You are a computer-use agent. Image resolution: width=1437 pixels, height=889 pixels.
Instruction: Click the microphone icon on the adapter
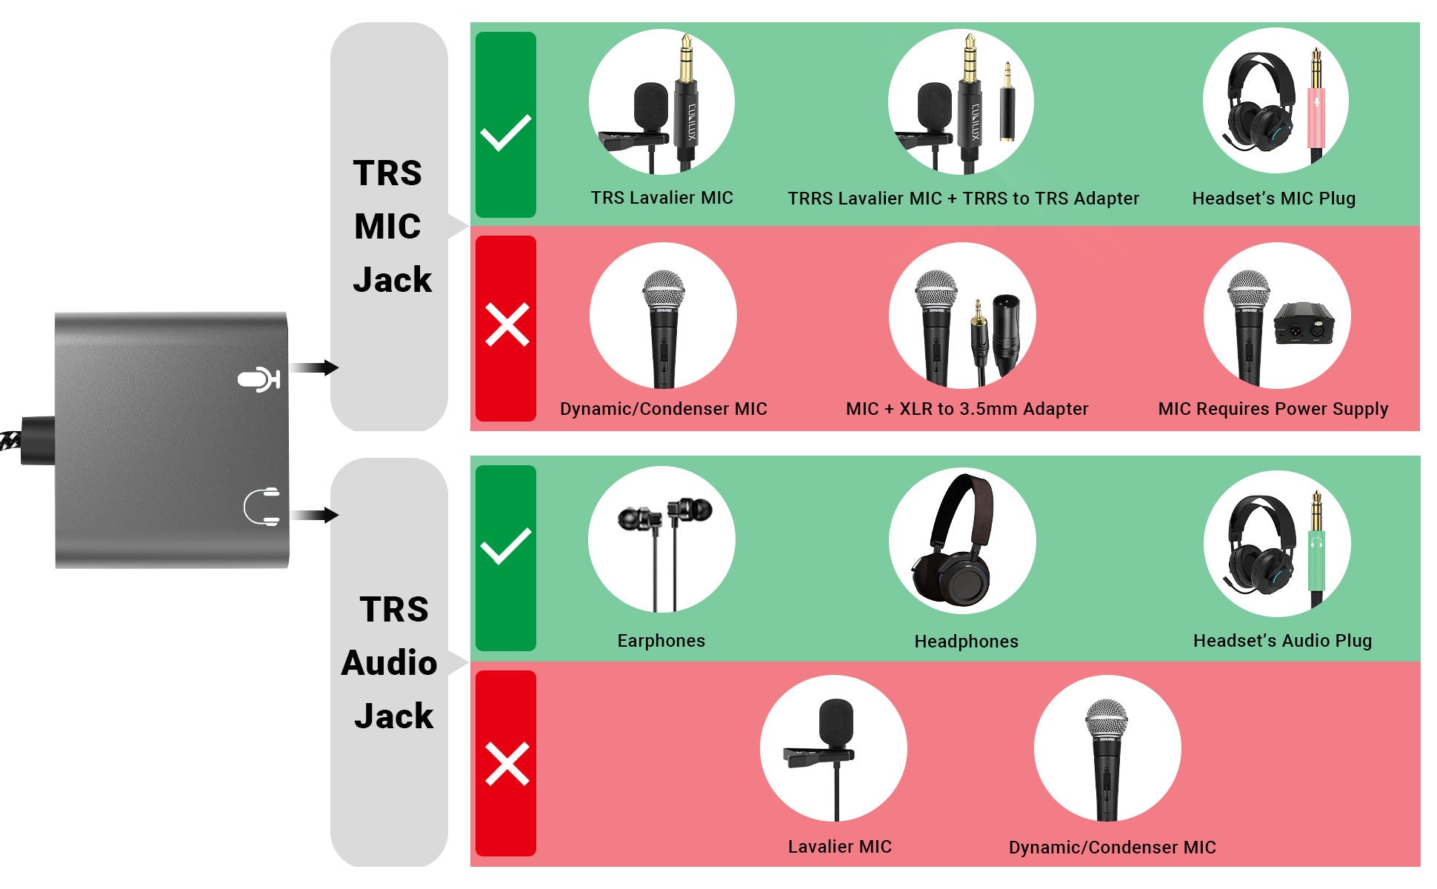pos(259,379)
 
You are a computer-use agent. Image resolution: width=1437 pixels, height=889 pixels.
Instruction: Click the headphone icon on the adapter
pos(262,507)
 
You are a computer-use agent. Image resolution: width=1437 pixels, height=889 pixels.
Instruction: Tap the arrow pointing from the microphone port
pos(314,367)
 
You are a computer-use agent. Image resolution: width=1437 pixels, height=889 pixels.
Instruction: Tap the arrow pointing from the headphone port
pos(314,515)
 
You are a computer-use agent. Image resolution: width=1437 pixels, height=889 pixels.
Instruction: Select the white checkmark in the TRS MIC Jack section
pos(506,133)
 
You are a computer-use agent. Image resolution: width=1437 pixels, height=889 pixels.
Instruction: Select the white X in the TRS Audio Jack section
pos(507,764)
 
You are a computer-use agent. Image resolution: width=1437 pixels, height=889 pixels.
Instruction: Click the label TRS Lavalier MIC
pos(662,198)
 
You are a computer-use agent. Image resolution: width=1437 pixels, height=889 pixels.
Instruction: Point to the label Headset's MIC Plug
pos(1274,199)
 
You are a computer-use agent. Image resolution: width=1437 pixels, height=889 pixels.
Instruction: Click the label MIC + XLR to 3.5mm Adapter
pos(967,409)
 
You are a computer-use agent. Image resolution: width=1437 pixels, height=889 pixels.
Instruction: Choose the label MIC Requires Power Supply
pos(1273,409)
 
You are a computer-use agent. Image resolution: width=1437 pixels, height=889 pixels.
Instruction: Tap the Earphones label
pos(661,641)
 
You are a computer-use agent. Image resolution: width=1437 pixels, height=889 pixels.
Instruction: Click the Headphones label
pos(967,642)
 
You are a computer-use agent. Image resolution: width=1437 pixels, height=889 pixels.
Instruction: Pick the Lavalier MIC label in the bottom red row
pos(840,847)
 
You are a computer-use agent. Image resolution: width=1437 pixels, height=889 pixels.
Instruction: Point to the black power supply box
pos(1304,323)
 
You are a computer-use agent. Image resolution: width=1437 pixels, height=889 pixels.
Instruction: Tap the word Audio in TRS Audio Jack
pos(390,663)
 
